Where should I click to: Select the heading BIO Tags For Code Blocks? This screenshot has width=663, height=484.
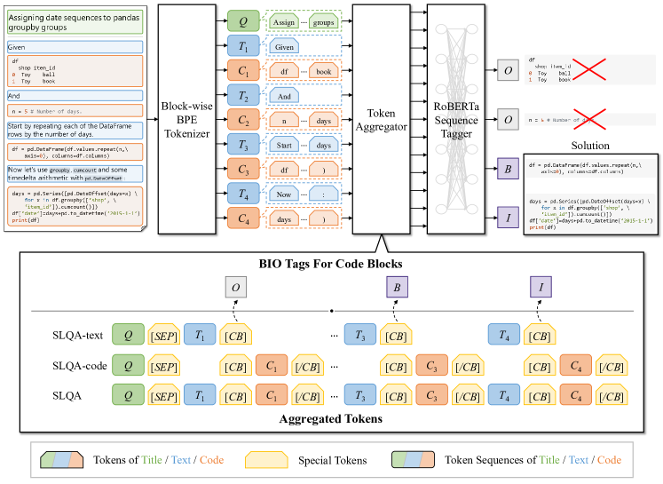pyautogui.click(x=332, y=263)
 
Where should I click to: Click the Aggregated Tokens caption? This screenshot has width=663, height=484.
pyautogui.click(x=332, y=417)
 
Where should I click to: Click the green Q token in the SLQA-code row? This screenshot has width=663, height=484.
pyautogui.click(x=129, y=365)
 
